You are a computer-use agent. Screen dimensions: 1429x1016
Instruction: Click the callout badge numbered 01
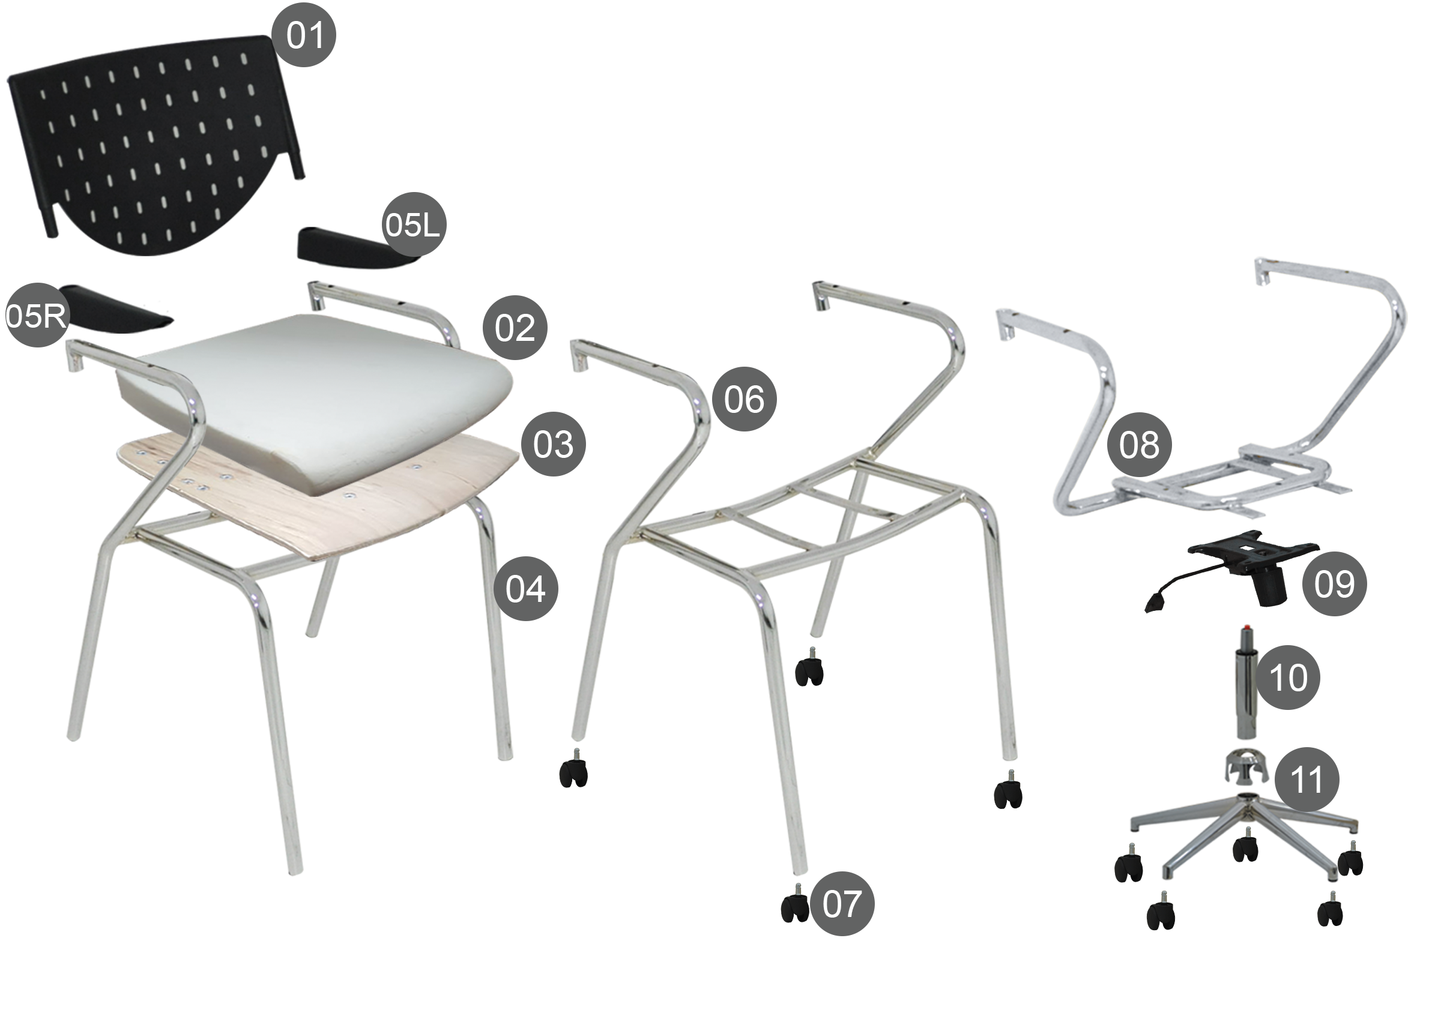pos(304,34)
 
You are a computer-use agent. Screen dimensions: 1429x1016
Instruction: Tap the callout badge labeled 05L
pos(412,224)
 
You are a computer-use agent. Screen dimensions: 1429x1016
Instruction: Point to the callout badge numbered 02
pos(515,327)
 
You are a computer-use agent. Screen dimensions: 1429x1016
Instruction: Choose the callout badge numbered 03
pos(554,443)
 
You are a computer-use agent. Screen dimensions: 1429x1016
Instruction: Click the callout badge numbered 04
pos(525,589)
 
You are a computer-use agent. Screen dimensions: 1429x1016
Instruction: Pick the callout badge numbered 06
pos(745,398)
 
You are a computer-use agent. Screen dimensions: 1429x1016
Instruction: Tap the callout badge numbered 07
pos(842,903)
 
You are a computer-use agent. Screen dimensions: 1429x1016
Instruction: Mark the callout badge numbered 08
pos(1138,444)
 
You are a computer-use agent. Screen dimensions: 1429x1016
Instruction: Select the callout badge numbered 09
pos(1334,583)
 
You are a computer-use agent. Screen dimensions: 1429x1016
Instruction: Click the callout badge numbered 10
pos(1288,677)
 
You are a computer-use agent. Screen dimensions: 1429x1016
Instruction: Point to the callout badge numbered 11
pos(1307,780)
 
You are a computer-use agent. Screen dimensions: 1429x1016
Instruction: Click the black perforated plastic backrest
pos(157,144)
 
